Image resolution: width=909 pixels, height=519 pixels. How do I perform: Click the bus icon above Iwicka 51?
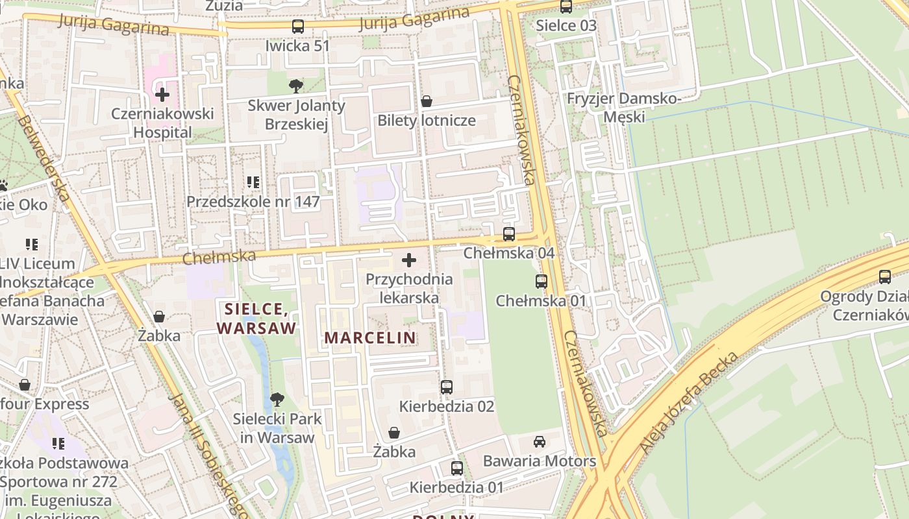(x=298, y=27)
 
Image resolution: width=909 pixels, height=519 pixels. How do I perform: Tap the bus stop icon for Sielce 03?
(x=566, y=6)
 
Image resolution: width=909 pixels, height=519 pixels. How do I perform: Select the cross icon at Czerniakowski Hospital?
(x=162, y=95)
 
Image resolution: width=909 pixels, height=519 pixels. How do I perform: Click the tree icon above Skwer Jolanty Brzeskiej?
(x=295, y=86)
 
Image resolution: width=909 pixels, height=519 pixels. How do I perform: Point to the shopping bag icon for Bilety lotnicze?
(x=427, y=101)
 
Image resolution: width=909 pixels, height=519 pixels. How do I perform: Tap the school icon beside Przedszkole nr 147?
(x=253, y=182)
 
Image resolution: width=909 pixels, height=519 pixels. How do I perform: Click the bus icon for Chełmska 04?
(x=509, y=234)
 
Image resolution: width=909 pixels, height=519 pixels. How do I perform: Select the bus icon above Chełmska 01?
(x=541, y=282)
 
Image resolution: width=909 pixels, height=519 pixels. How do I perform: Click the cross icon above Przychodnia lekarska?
(x=409, y=261)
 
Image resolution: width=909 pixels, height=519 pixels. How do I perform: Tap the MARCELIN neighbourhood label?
(x=370, y=337)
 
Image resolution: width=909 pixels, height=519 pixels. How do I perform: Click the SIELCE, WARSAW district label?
(x=256, y=318)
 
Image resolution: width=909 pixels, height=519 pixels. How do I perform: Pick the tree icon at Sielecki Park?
(x=277, y=399)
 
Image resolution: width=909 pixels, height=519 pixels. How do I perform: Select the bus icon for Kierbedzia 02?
(x=447, y=387)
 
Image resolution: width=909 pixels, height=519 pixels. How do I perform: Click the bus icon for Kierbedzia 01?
(x=456, y=468)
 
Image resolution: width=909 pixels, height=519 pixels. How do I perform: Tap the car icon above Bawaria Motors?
(x=539, y=442)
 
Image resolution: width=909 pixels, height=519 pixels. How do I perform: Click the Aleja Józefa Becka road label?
(x=690, y=402)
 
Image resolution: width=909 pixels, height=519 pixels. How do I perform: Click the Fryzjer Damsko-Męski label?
(x=623, y=108)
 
